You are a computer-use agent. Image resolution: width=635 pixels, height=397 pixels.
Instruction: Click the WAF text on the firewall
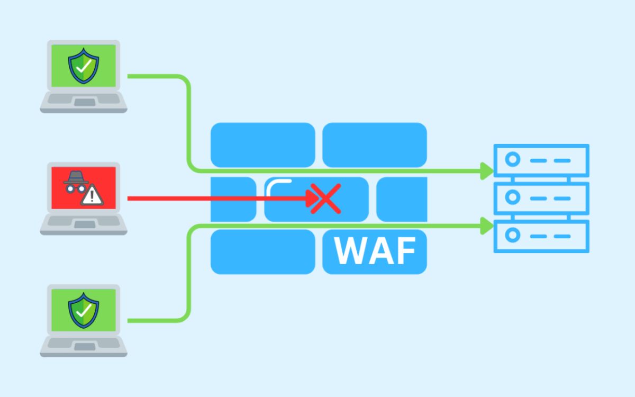tap(375, 251)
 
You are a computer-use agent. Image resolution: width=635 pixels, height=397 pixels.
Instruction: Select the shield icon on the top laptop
tap(83, 66)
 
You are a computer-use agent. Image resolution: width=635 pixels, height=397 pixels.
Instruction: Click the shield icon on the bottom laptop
tap(83, 310)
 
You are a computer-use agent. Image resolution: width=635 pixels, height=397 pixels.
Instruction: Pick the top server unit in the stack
tap(541, 160)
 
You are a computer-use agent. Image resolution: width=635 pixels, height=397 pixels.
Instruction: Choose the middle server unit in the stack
tap(541, 197)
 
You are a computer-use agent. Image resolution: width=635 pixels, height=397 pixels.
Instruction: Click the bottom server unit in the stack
tap(541, 236)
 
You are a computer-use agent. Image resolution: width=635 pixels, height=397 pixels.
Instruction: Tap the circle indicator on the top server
tap(512, 160)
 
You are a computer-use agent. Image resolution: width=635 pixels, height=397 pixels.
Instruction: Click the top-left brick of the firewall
tap(263, 145)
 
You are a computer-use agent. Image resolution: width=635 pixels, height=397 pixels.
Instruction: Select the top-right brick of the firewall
tap(375, 145)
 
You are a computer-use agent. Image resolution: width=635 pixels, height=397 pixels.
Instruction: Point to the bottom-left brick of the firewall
tap(263, 251)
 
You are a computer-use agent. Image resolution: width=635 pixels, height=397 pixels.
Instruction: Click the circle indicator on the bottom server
tap(512, 236)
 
